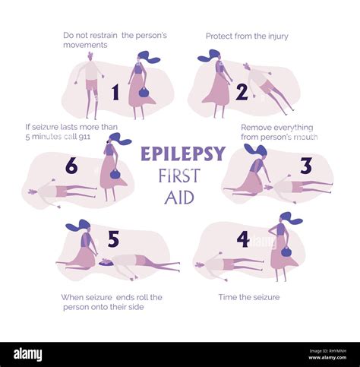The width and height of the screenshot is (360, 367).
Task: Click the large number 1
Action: [x=115, y=93]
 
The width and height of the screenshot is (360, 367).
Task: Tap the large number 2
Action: [x=242, y=92]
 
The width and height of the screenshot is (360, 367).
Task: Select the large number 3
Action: [x=305, y=166]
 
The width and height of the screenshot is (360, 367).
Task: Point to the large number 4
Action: [x=242, y=239]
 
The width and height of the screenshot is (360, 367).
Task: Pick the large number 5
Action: [x=113, y=239]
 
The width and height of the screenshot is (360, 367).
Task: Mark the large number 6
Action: [x=71, y=166]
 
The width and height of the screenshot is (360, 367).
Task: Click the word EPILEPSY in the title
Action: [x=182, y=154]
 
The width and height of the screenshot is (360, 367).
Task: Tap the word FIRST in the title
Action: [x=179, y=176]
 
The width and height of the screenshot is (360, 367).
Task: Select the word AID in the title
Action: [x=179, y=198]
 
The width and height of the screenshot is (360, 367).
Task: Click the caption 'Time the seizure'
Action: [x=248, y=297]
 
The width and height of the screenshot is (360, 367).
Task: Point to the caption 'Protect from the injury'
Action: [x=247, y=36]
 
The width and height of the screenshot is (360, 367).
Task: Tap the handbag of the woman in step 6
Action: [x=115, y=174]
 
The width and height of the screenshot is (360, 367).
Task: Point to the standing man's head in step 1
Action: [x=90, y=56]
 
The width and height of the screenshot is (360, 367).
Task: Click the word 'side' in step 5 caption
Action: [x=132, y=307]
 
